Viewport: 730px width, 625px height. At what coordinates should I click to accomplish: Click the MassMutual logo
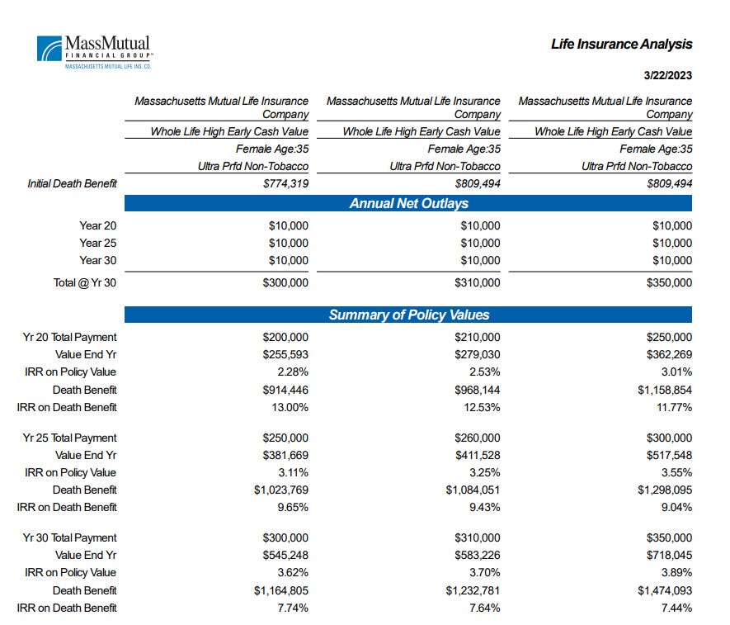(93, 50)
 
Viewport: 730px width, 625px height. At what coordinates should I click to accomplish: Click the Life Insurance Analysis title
(621, 45)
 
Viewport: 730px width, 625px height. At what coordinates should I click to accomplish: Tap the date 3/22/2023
(667, 76)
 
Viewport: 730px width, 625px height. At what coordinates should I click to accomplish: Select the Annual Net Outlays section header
(408, 204)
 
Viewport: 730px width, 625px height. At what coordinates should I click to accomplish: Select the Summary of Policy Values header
(408, 315)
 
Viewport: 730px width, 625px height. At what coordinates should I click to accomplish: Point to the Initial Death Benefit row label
(73, 184)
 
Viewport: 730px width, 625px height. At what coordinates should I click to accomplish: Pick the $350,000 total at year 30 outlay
(668, 282)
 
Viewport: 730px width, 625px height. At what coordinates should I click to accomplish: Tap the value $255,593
(285, 354)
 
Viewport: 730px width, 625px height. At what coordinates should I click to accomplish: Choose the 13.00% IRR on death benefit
(289, 407)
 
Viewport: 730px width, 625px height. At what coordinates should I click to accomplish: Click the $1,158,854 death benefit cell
(663, 390)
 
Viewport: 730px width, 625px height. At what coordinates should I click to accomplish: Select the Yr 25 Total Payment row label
(70, 438)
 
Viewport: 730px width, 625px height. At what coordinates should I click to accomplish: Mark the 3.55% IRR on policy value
(675, 473)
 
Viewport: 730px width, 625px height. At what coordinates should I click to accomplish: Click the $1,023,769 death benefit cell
(280, 490)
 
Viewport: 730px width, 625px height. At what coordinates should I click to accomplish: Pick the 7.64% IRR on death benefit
(483, 608)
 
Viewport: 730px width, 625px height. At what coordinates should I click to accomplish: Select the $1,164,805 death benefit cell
(280, 590)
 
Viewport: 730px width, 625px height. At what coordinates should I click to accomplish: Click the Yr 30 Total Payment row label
(70, 537)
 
